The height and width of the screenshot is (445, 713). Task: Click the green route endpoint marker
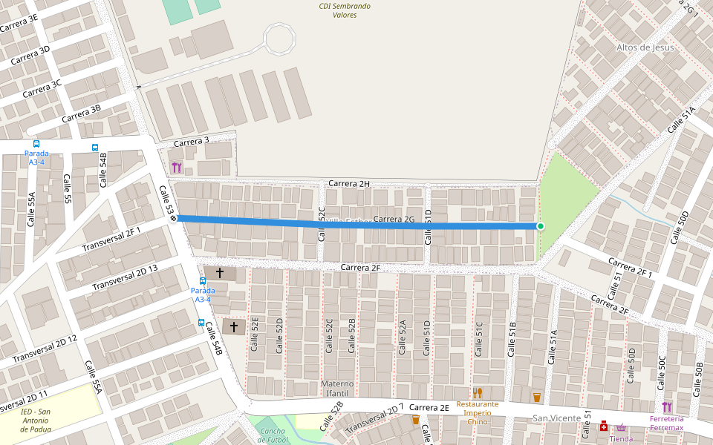point(541,226)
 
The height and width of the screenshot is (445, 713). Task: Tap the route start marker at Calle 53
point(173,218)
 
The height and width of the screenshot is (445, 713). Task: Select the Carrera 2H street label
point(349,183)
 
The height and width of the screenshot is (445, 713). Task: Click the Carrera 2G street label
point(394,219)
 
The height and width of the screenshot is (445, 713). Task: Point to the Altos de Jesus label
point(645,47)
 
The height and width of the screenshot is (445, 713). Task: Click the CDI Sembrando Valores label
point(345,10)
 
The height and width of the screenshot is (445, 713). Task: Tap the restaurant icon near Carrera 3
point(176,168)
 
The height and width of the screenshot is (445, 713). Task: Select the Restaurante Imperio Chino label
point(478,412)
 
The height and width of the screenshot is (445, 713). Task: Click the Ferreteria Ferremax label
point(666,423)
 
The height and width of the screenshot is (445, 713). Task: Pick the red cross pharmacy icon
point(605,426)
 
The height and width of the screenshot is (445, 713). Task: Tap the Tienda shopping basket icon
point(621,428)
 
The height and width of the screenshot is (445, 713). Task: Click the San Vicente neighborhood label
point(556,419)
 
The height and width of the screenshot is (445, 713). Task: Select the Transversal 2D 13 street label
point(125,277)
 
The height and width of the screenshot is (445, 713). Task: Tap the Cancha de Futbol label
point(273,435)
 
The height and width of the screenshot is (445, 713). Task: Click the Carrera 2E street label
point(429,407)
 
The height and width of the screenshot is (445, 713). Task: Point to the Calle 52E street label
point(255,334)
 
